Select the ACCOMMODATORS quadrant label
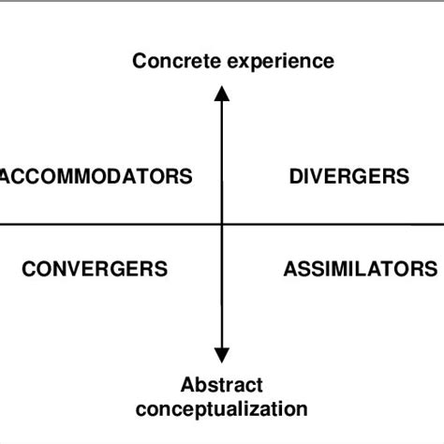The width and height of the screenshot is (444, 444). tap(96, 176)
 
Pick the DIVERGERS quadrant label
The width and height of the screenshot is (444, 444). tap(349, 176)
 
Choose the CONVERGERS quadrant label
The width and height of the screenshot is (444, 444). tap(95, 269)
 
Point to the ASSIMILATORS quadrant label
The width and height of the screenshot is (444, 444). tap(360, 269)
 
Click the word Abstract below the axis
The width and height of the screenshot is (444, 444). tap(221, 385)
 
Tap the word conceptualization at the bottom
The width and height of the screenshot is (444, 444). tap(221, 408)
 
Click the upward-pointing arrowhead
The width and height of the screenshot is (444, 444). tap(221, 92)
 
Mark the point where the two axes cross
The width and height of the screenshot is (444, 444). tap(221, 225)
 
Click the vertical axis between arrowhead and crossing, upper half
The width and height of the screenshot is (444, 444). tap(221, 159)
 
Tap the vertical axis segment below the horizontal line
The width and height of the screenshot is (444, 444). tap(221, 290)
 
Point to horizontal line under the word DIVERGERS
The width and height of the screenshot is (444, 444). tap(349, 225)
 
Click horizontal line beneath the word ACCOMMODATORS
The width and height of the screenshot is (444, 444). tap(96, 225)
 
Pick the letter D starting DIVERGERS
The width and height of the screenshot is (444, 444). tap(296, 176)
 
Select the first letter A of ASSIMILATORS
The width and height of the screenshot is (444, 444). tap(289, 269)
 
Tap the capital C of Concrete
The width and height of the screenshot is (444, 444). tap(140, 63)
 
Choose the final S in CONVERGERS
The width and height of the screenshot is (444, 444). tap(162, 269)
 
